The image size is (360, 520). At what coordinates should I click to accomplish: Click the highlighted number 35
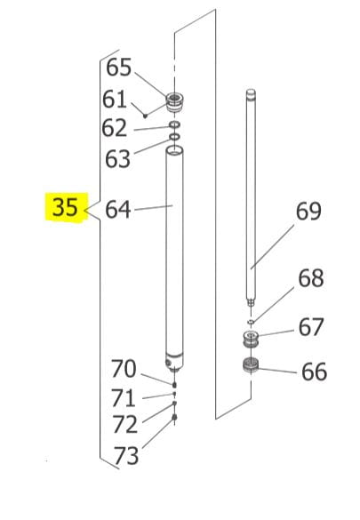64,208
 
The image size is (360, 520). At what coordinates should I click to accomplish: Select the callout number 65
118,68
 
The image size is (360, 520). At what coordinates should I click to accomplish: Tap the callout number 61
115,99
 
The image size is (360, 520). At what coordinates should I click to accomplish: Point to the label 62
114,129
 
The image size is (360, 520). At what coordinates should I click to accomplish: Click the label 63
117,158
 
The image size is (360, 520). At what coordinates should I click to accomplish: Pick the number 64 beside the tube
117,210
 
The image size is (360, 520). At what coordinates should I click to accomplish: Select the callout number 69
308,212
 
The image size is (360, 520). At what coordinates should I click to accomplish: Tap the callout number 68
310,278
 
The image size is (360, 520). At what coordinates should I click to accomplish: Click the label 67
310,327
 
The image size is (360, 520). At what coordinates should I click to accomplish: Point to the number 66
314,372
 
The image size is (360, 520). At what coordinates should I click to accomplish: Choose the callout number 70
124,367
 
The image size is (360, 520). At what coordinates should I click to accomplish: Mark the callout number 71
124,397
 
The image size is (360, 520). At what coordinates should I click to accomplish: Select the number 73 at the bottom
127,456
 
